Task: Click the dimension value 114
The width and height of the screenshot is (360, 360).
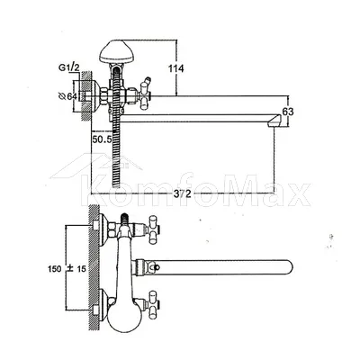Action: point(175,69)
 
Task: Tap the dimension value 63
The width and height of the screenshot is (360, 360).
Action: point(288,112)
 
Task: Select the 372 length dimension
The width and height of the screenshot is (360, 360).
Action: point(182,193)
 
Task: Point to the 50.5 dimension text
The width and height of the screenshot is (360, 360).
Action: point(102,139)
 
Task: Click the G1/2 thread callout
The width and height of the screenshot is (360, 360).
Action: point(68,67)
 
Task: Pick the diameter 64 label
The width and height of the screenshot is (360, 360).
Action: point(67,96)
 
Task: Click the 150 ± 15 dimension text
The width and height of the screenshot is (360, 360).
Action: point(67,268)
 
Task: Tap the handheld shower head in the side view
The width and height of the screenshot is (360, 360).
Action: point(117,51)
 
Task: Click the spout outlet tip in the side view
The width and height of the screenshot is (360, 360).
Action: point(274,122)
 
